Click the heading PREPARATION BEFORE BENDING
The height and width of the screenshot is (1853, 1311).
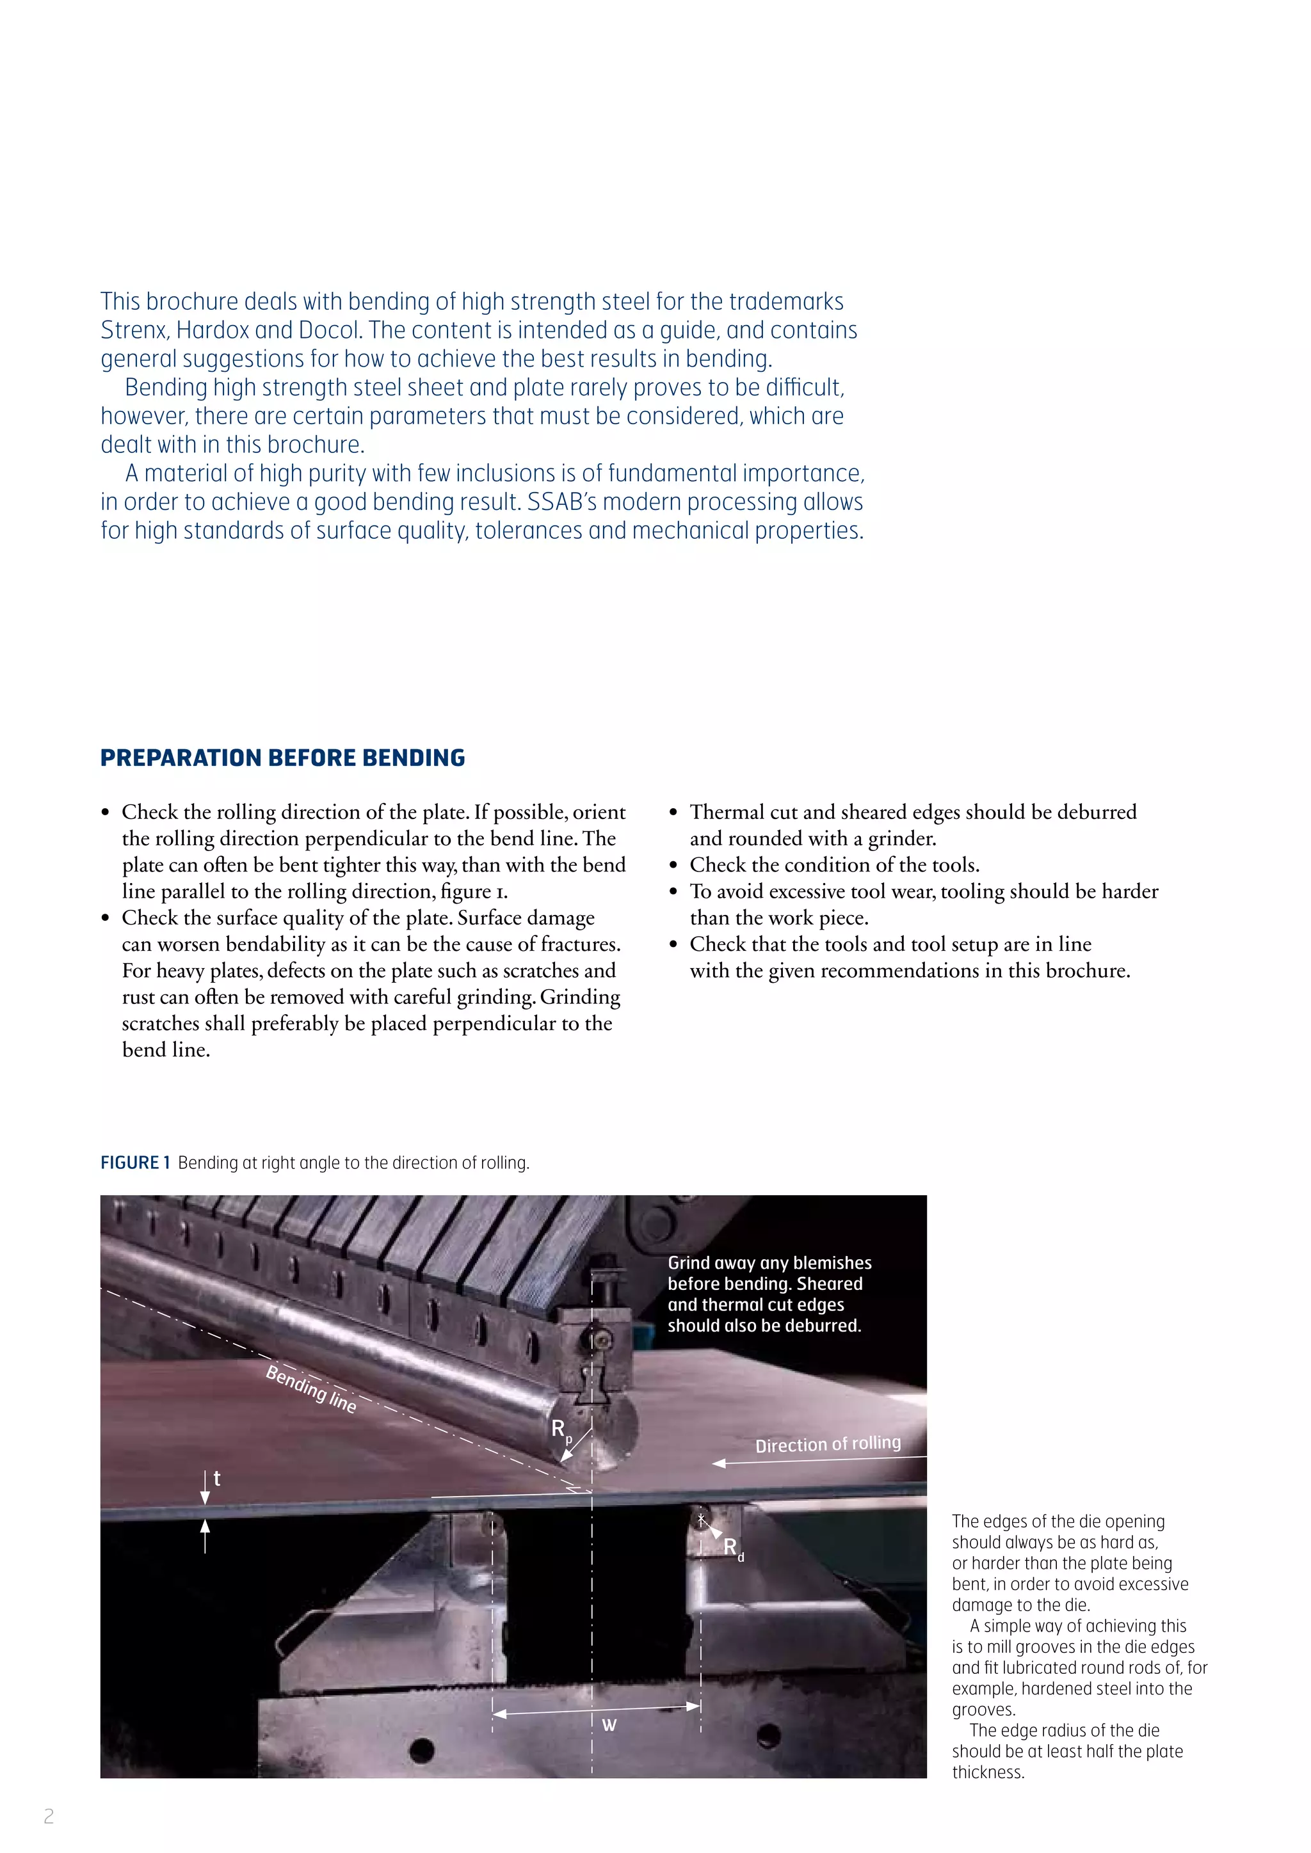(282, 758)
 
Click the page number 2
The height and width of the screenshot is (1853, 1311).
(49, 1817)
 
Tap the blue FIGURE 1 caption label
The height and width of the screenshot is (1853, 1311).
(135, 1163)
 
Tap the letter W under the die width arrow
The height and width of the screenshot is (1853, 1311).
(609, 1724)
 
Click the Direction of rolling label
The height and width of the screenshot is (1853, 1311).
(828, 1444)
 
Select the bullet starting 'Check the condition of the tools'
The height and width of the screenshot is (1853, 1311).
(834, 865)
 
